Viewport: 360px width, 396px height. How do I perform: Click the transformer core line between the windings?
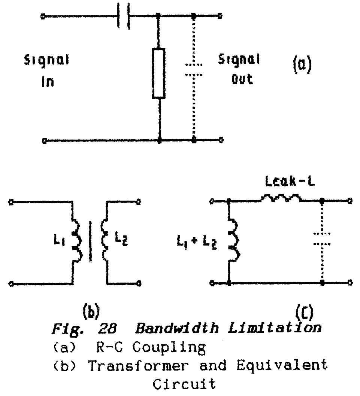90,242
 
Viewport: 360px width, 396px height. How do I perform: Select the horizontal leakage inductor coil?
280,198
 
